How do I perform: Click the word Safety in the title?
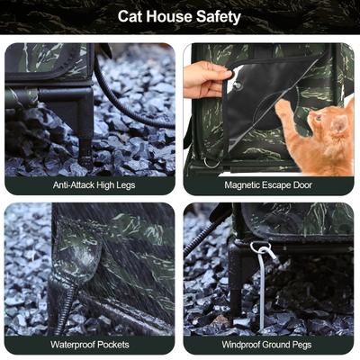[x=215, y=16]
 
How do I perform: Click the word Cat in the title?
[x=132, y=16]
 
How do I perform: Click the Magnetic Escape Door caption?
[x=269, y=184]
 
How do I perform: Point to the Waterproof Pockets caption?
[x=90, y=344]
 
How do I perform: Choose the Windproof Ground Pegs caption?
[x=269, y=344]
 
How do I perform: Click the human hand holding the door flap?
[x=206, y=79]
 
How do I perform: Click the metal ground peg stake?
[x=262, y=288]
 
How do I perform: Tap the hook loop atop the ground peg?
[x=260, y=247]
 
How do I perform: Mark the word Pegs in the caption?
[x=307, y=344]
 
